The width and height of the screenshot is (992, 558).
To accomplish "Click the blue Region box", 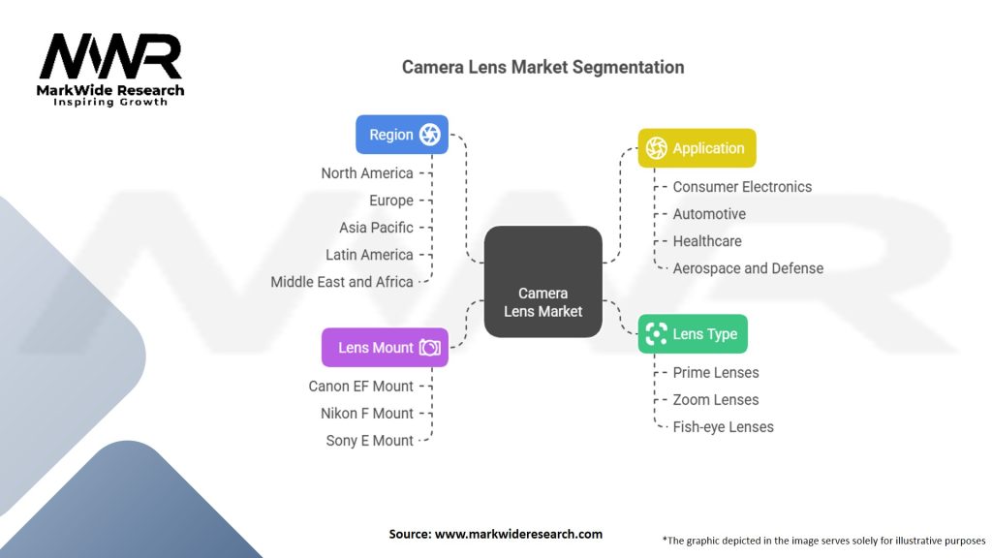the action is click(x=402, y=134).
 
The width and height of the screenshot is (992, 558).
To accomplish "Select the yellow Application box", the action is click(x=697, y=148).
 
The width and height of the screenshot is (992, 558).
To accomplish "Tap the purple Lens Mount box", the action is click(x=385, y=348).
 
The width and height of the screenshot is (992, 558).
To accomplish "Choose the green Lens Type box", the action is click(x=693, y=334).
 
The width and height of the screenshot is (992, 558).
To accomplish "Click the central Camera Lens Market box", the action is click(x=542, y=282).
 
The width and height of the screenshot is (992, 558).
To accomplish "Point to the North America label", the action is click(x=367, y=173).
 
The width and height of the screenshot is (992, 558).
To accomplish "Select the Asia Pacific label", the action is click(x=376, y=228).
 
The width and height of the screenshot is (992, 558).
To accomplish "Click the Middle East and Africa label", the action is click(x=342, y=282).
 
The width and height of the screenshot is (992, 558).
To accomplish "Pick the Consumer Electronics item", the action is click(x=742, y=187).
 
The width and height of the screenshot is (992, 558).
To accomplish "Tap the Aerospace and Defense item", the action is click(x=748, y=268).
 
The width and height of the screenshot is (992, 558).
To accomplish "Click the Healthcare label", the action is click(x=706, y=241).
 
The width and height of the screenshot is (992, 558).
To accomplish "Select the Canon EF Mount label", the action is click(x=360, y=386).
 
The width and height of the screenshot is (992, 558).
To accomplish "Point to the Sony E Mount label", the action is click(x=369, y=441).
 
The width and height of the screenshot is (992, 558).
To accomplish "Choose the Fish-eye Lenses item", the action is click(x=723, y=427).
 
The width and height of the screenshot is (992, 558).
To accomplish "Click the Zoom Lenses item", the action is click(x=716, y=400).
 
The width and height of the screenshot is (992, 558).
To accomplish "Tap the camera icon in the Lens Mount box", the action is click(x=429, y=348).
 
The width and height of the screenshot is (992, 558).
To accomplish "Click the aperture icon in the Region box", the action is click(x=429, y=134).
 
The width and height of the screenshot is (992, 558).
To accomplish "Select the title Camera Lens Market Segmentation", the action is click(x=542, y=67).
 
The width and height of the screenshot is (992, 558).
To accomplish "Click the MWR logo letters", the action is click(x=110, y=56).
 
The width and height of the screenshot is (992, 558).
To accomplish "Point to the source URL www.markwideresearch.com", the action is click(x=518, y=534).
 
